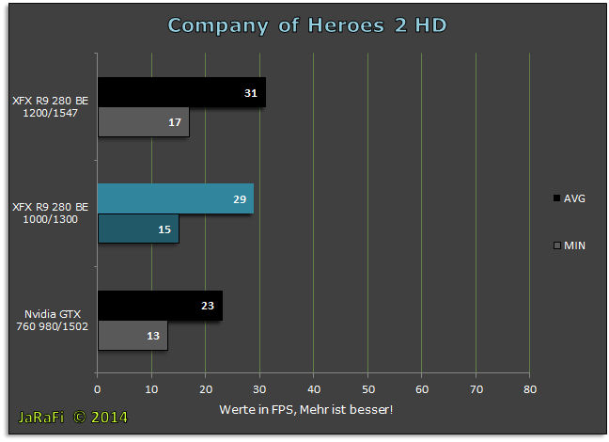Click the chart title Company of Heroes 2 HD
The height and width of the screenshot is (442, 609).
coord(307,25)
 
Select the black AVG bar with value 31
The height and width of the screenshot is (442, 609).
coord(181,92)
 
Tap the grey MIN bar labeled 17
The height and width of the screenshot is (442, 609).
coord(144,122)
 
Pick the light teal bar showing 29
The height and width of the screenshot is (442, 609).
coord(176,198)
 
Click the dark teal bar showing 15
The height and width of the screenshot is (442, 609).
coord(138,229)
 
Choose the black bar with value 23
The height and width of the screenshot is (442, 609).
coord(160,306)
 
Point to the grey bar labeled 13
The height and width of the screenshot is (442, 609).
coord(133,336)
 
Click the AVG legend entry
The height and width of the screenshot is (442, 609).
coord(569,198)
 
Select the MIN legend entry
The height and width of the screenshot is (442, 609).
coord(569,245)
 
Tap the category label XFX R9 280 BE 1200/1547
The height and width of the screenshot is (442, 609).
coord(51,107)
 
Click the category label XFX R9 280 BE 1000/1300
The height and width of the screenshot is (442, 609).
coord(51,213)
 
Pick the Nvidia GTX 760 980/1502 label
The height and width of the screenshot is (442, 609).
coord(52,320)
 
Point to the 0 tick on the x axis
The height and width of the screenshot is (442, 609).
coord(97,389)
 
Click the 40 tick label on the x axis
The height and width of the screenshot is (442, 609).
coord(314,389)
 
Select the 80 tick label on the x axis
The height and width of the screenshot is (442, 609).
coord(530,389)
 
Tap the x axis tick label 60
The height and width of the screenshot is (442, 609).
coord(422,389)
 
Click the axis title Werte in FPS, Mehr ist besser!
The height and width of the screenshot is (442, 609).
coord(306,409)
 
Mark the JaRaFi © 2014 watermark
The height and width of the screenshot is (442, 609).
coord(73,418)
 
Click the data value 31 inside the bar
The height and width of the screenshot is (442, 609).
coord(251,93)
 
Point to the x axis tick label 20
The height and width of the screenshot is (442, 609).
coord(206,389)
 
